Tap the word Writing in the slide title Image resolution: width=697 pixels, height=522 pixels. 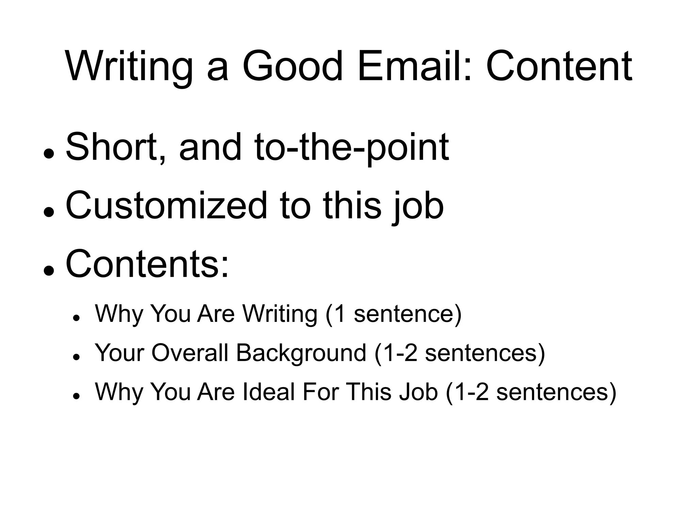129,66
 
